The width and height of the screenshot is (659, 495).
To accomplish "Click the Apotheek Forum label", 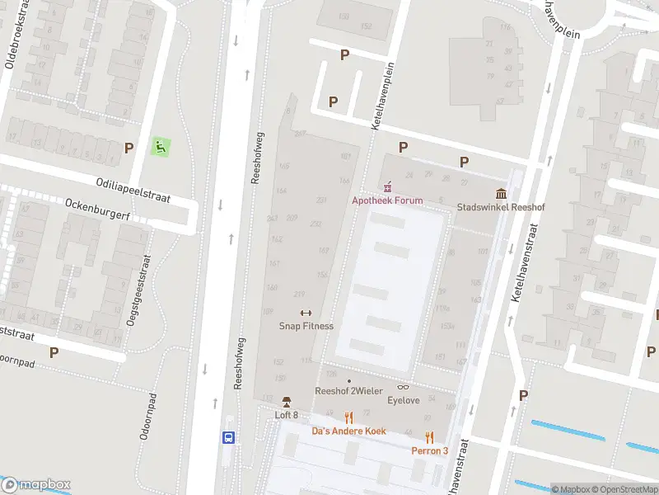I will pos(387,200).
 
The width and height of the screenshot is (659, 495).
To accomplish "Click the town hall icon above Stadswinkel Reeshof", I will pos(501,195).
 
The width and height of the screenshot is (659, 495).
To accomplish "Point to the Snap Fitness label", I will pos(306,326).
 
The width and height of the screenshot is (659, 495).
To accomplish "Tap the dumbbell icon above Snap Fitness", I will pos(306,313).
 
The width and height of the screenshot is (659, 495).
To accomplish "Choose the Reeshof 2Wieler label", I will pos(348,391).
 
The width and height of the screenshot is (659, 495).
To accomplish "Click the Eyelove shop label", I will pos(404,400).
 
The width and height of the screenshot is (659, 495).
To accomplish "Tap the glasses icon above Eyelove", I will pos(404,387).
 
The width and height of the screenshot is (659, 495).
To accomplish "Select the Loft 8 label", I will pos(286,415).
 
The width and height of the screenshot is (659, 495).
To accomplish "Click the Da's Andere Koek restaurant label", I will pos(348,431).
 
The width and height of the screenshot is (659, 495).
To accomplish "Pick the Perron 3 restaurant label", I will pos(429,450).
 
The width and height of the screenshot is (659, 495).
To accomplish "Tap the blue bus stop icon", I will pos(228,438).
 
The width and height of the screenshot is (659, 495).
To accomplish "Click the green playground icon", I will pos(161,148).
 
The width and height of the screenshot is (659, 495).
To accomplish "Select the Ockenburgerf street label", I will pos(99,205).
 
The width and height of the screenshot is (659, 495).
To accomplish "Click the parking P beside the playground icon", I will pos(129,148).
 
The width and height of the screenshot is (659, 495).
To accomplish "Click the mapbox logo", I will pos(36,485).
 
